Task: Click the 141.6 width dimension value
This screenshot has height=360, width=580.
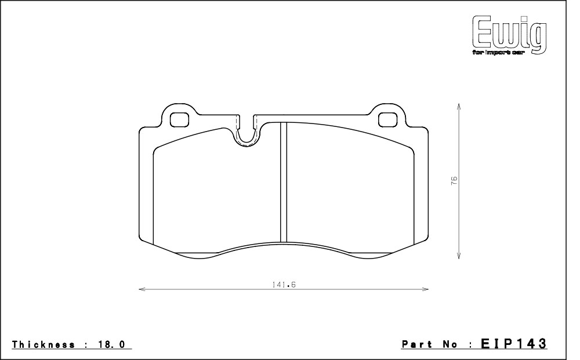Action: (284, 285)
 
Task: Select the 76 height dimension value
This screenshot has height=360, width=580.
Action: (454, 181)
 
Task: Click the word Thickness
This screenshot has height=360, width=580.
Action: (43, 344)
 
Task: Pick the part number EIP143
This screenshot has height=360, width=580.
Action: (513, 343)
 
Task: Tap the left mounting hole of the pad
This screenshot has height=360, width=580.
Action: (179, 119)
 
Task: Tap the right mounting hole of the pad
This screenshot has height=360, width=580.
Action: (388, 119)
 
